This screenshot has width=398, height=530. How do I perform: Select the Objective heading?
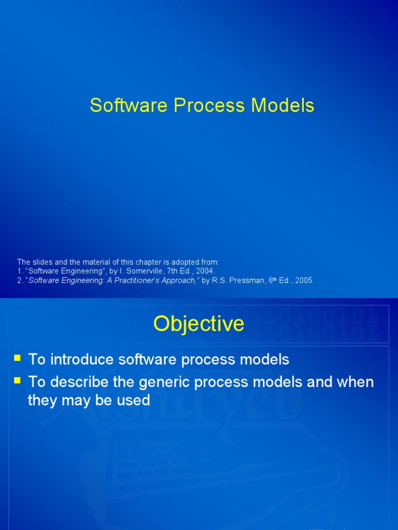tap(198, 324)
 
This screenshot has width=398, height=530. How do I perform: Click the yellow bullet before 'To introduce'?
tap(18, 358)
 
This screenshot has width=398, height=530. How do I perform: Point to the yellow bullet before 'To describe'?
tap(18, 380)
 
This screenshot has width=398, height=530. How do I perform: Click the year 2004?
tap(205, 271)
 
